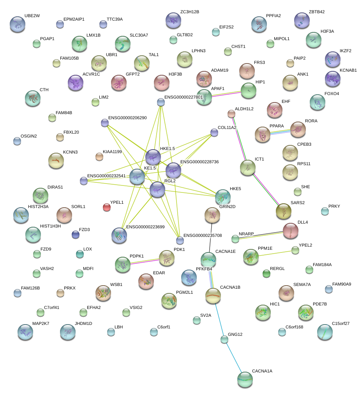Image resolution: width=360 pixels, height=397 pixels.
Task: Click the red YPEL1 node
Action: click(106, 207)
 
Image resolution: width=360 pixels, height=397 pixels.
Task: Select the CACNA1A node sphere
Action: click(245, 379)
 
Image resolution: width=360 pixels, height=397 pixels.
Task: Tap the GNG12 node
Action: click(224, 339)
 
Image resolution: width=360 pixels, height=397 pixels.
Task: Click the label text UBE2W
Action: click(32, 16)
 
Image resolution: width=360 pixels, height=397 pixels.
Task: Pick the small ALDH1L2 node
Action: click(231, 114)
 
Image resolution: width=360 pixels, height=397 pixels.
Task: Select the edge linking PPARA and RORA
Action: click(282, 132)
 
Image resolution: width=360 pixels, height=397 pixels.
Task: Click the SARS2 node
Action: click(283, 211)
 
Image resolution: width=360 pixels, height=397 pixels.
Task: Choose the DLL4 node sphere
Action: click(290, 231)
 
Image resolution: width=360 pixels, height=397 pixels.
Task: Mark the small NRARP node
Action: click(235, 238)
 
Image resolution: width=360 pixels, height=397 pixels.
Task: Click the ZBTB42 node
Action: click(302, 20)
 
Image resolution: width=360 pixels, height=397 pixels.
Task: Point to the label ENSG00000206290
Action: click(127, 118)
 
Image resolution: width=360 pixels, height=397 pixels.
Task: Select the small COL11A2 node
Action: click(214, 132)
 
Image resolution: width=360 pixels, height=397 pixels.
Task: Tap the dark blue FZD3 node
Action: click(75, 234)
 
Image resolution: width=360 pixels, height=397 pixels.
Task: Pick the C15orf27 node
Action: click(325, 332)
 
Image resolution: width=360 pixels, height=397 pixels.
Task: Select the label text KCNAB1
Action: click(348, 70)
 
